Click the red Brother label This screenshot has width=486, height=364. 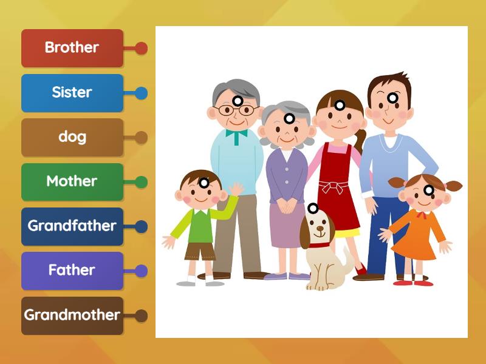click(72, 49)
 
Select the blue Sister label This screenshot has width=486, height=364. click(72, 93)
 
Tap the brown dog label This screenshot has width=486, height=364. click(72, 138)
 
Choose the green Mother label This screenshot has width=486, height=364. click(72, 182)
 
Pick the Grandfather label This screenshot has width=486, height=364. click(72, 226)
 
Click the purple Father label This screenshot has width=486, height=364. click(72, 271)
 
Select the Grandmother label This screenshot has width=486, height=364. click(72, 315)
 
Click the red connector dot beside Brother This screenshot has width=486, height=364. click(141, 49)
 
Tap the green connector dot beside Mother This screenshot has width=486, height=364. click(141, 182)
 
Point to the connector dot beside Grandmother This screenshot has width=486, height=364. click(141, 315)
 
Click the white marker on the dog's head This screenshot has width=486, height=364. click(313, 208)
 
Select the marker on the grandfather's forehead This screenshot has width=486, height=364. click(238, 101)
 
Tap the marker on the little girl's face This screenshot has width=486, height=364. click(429, 190)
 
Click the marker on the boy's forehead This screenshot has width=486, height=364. click(204, 183)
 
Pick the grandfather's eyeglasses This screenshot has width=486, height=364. click(237, 110)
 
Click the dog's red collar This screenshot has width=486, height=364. click(319, 246)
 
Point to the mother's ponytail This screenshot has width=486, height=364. click(360, 141)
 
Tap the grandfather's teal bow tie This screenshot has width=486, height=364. click(236, 136)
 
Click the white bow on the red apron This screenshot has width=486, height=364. click(333, 187)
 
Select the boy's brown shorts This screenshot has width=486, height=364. click(200, 251)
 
